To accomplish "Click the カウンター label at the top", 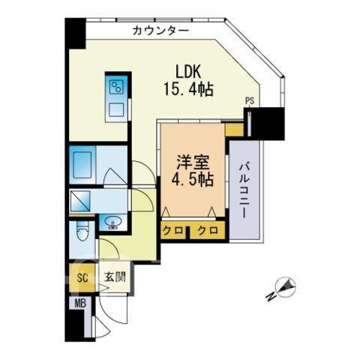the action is pos(160,31).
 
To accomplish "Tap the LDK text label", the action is pos(188,72).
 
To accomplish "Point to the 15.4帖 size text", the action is pos(188,89).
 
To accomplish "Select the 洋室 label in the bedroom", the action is pos(193,163).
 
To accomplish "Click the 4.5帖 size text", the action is pos(193,179).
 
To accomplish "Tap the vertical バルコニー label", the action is pos(244,190).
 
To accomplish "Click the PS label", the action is pos(250,101).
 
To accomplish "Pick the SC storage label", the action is pos(82,277).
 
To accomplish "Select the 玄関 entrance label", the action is pos(115,277).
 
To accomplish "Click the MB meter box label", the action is pos(80,304).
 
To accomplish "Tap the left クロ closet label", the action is pos(173,230).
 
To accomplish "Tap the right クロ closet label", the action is pos(208,230).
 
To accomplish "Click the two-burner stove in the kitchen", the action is pos(117,87).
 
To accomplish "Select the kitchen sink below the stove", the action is pos(116,109).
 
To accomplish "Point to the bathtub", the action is pos(82,165).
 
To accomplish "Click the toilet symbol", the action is pos(82,231).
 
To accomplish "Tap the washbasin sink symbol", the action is pos(112,222).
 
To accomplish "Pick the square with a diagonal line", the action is pos(80,201).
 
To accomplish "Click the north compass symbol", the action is pos(286,287).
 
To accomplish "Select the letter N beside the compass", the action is pos(271,296).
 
